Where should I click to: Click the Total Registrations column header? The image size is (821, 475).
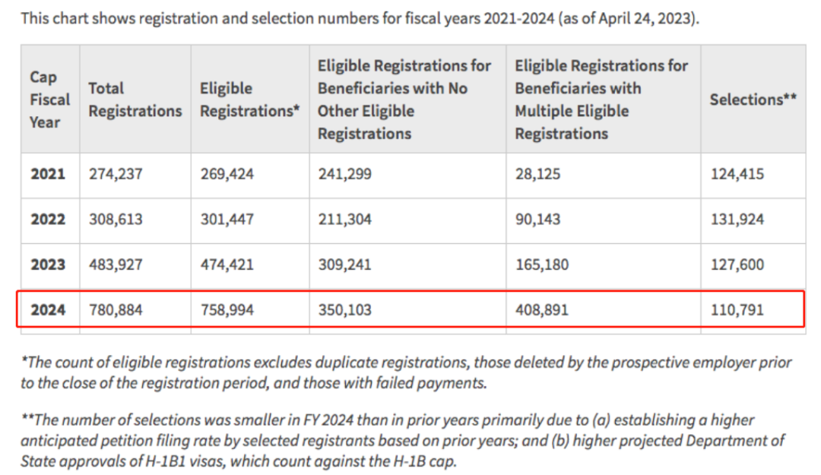(135, 100)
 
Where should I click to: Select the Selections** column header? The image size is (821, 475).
(753, 100)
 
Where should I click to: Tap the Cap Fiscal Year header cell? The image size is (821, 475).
(49, 100)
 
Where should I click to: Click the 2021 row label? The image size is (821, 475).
(48, 174)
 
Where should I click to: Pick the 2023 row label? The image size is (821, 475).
(48, 265)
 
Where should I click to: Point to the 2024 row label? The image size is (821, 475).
(48, 310)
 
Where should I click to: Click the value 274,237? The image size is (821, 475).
(116, 174)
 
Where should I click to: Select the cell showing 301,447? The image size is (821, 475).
(227, 220)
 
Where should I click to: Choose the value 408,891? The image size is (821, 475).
(541, 310)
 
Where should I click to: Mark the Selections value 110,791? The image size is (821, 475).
(737, 310)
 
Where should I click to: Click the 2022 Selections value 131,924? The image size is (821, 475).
(737, 220)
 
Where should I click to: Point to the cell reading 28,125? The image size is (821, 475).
(537, 174)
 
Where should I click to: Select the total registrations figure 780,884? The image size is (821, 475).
(116, 310)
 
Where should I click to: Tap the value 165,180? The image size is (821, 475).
(541, 265)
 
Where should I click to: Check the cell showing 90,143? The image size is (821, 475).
(537, 220)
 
